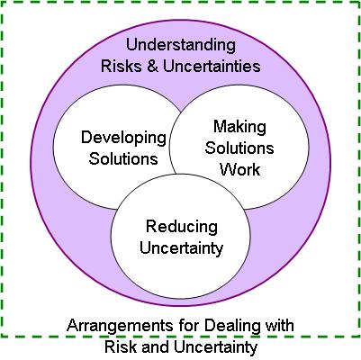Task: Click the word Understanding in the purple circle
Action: [x=181, y=46]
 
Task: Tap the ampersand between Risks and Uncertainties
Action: [x=152, y=66]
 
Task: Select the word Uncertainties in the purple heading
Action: [x=212, y=66]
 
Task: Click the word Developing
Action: [x=123, y=139]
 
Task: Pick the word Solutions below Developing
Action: [x=123, y=158]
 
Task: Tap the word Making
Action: [x=239, y=128]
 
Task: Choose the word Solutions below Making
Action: [x=239, y=148]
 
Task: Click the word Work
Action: [x=239, y=169]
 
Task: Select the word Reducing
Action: [x=182, y=227]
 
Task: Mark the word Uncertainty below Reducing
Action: [x=182, y=248]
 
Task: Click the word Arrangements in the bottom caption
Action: [x=120, y=326]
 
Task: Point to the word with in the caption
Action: [x=279, y=326]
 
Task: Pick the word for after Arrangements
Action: [x=189, y=326]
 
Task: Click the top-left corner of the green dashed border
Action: [x=2, y=2]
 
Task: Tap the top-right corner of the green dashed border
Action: [x=359, y=2]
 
